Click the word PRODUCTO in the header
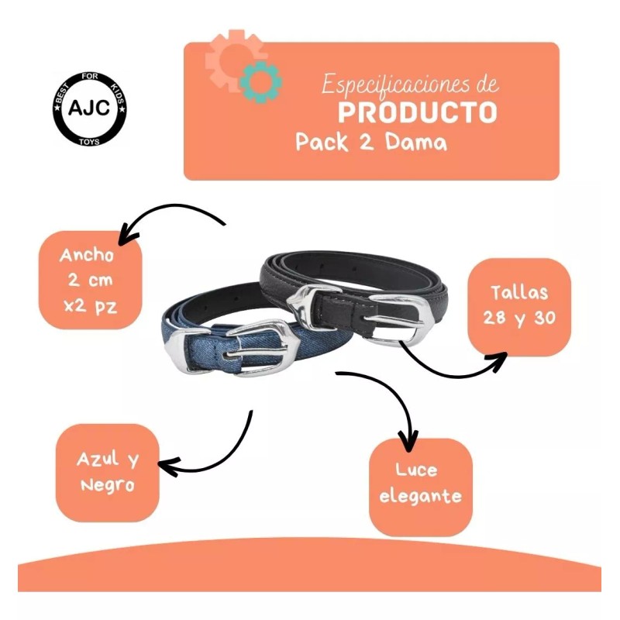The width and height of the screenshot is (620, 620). pos(418,112)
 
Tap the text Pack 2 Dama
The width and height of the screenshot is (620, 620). pos(370,143)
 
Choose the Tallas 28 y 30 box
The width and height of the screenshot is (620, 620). pos(518,307)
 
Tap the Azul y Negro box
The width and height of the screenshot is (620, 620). pos(107,472)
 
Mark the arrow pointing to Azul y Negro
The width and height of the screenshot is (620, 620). pos(209,457)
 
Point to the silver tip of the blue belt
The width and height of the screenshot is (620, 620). pos(177,349)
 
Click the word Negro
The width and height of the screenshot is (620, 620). pos(107,486)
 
